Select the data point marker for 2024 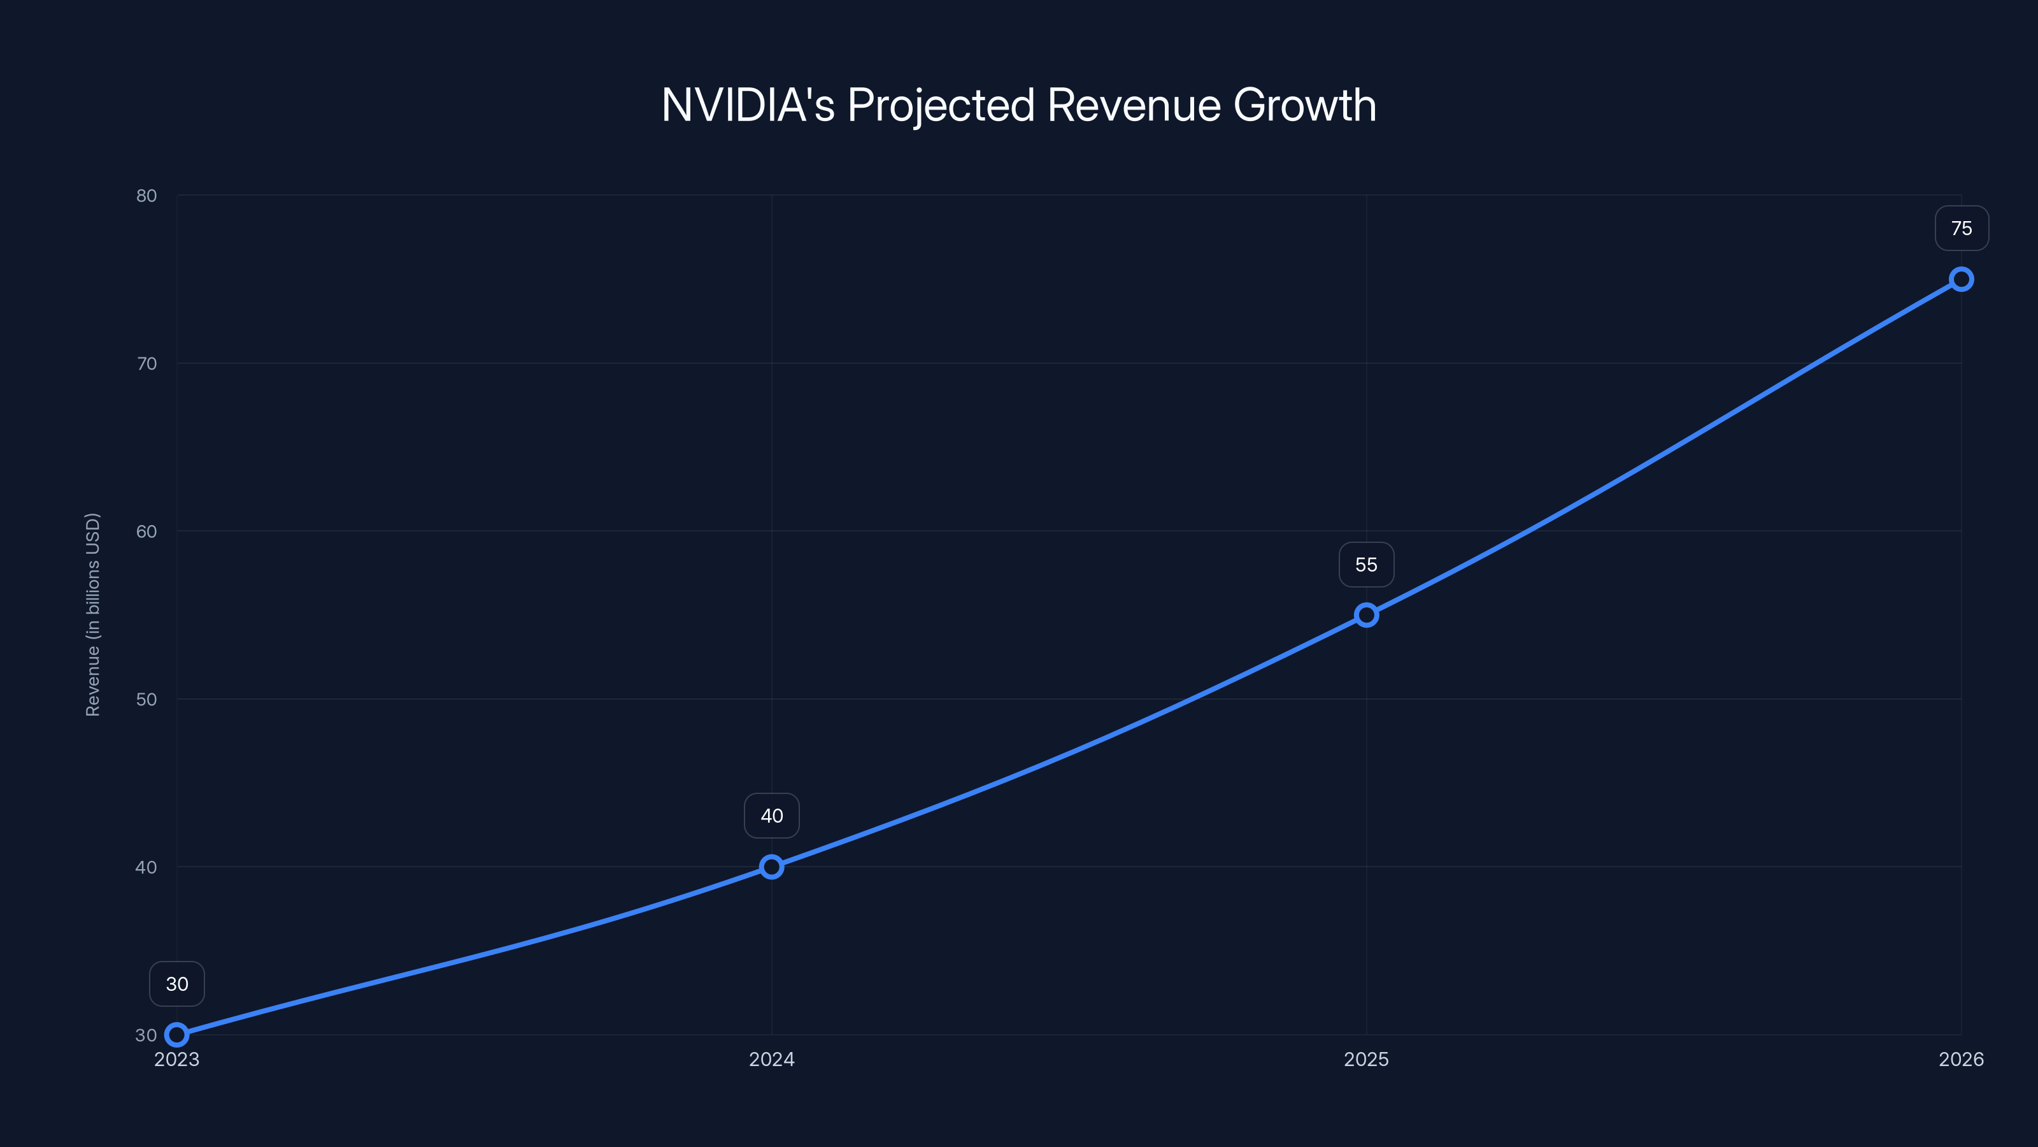click(x=771, y=867)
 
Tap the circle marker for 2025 click(x=1366, y=615)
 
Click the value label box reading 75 click(x=1962, y=229)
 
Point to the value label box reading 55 click(x=1366, y=565)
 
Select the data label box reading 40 click(x=771, y=816)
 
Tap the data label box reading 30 click(x=177, y=984)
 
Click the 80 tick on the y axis click(x=146, y=196)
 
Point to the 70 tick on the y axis click(x=146, y=363)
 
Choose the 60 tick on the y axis click(x=146, y=531)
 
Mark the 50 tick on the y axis click(x=146, y=699)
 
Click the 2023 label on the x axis click(x=177, y=1059)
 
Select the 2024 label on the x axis click(x=771, y=1059)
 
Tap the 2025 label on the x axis click(x=1366, y=1059)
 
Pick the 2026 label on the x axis click(x=1962, y=1059)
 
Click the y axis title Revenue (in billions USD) click(x=92, y=615)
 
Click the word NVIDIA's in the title click(x=748, y=105)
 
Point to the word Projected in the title click(x=941, y=105)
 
